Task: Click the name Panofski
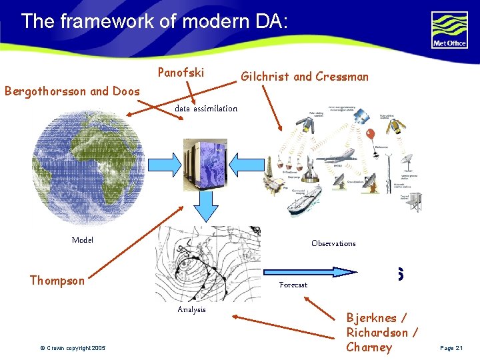[x=181, y=72]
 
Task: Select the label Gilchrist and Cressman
[x=304, y=76]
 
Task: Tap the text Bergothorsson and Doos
[x=72, y=91]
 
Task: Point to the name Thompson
[x=57, y=281]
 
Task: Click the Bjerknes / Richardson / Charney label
[x=382, y=332]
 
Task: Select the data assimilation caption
[x=205, y=109]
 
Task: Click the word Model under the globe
[x=83, y=240]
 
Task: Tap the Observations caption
[x=333, y=243]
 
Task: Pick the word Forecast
[x=293, y=285]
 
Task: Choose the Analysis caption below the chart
[x=192, y=309]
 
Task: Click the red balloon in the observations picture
[x=371, y=136]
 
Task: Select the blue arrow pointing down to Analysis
[x=206, y=208]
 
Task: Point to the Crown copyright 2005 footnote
[x=71, y=348]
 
